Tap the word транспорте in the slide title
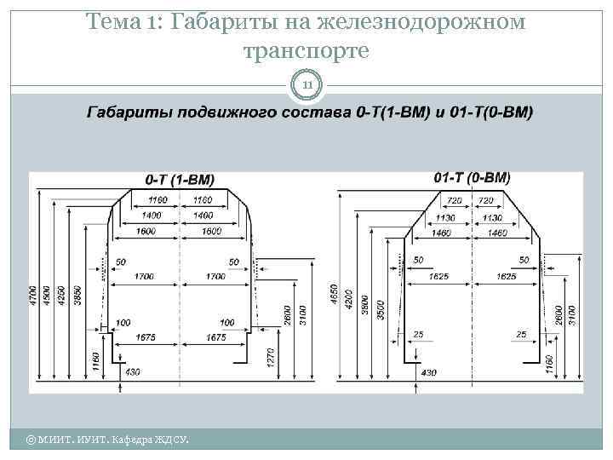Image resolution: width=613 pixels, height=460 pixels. [306, 50]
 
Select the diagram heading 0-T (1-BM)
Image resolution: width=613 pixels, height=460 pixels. [180, 180]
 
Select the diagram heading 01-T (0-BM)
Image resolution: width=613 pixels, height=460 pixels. [472, 178]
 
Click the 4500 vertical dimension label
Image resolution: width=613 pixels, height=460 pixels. [46, 300]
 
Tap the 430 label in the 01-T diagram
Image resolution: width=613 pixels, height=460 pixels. [428, 372]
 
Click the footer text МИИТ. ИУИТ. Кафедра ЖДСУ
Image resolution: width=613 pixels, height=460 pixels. [106, 440]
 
